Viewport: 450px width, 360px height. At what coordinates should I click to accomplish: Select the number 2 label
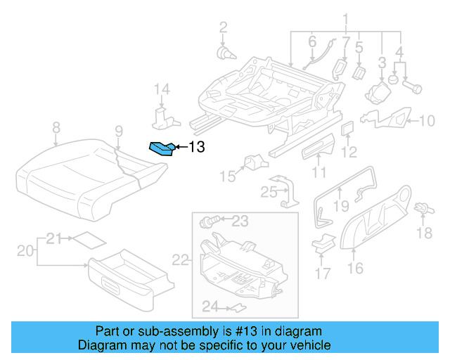pos(223,28)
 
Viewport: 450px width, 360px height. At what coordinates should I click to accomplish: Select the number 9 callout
pos(119,129)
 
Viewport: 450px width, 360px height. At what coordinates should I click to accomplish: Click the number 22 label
pos(181,260)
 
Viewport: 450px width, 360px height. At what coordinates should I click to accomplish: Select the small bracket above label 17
pos(323,243)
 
